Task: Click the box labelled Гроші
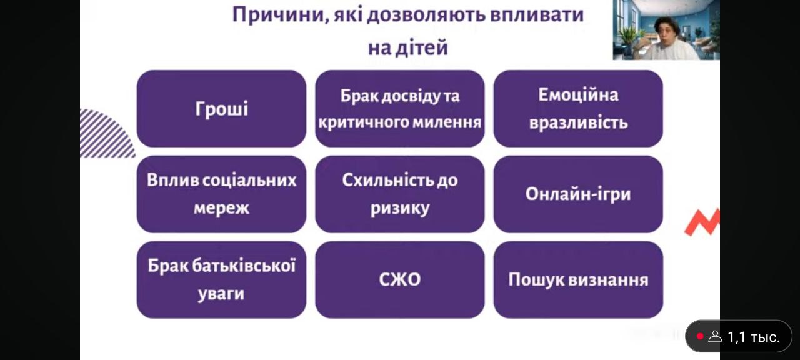(221, 109)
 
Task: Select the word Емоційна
(578, 95)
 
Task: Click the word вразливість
(578, 123)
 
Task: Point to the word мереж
(221, 208)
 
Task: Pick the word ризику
(399, 209)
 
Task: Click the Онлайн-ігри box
(578, 194)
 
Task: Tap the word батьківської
(244, 266)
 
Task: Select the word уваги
(221, 294)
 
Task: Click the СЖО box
(399, 279)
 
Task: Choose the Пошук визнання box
(578, 279)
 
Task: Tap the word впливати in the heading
(537, 15)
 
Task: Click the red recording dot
(700, 336)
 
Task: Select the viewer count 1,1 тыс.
(754, 337)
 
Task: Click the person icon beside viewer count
(716, 336)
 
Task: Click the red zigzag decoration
(702, 222)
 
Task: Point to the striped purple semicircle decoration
(106, 134)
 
